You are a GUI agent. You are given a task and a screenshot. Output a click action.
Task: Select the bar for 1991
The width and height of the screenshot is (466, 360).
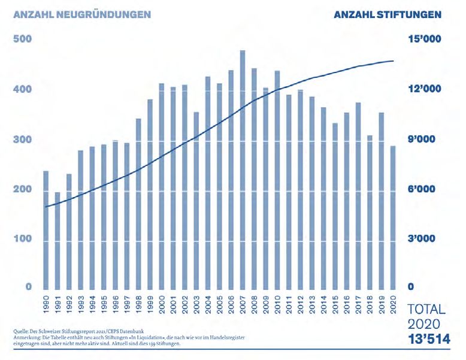coord(58,240)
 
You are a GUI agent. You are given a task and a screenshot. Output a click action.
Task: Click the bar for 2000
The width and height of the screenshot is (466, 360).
coord(162,186)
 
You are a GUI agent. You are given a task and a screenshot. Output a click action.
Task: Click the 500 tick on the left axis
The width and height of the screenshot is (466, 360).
coord(22,40)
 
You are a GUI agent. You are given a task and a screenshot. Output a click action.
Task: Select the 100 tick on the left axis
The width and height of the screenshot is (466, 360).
coord(22,240)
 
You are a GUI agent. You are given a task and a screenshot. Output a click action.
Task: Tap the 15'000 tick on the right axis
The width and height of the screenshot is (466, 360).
coord(425,40)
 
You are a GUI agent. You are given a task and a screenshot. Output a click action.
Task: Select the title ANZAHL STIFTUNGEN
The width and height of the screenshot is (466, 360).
coord(388,14)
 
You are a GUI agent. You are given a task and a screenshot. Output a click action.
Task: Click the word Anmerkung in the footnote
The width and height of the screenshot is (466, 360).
coord(26,337)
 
